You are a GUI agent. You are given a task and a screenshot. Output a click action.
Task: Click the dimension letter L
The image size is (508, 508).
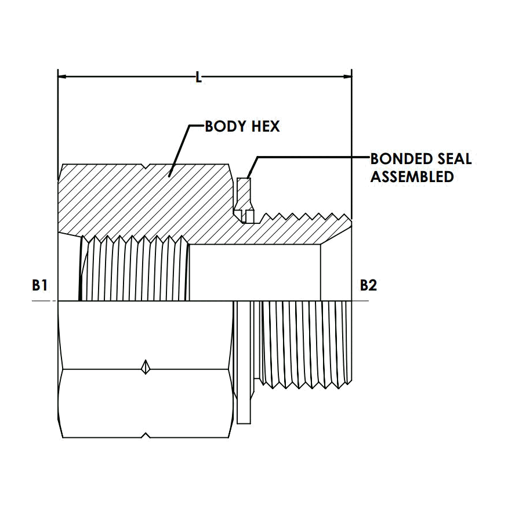(x=198, y=78)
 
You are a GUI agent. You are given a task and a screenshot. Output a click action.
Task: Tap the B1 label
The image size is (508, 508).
(x=39, y=285)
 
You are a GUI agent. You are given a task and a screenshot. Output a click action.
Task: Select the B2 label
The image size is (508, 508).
(x=368, y=285)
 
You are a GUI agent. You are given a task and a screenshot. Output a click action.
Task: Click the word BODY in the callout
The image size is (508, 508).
(x=225, y=126)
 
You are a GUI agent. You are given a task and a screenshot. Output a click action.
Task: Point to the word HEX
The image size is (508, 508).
(x=266, y=126)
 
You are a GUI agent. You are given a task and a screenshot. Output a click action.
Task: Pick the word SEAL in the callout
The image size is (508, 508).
(x=454, y=159)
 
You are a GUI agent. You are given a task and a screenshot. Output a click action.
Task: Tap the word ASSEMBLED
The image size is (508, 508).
(x=412, y=177)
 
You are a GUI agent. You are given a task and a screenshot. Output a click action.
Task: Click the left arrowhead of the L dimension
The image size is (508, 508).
(x=61, y=77)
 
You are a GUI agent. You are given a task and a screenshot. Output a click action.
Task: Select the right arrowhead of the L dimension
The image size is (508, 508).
(x=347, y=77)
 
